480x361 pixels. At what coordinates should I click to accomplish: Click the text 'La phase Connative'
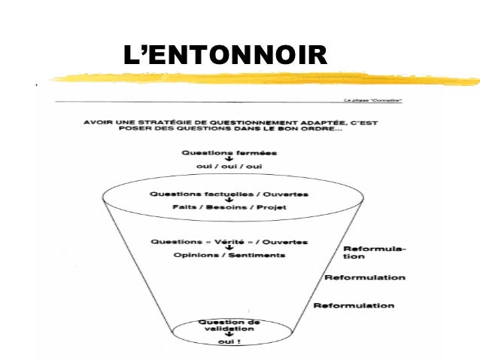[372, 99]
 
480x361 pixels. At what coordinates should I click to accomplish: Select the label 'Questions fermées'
[223, 152]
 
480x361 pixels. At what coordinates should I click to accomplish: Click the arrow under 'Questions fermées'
[223, 159]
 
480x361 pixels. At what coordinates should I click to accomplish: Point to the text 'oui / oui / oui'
[223, 166]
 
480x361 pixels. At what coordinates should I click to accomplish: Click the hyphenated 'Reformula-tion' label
[373, 252]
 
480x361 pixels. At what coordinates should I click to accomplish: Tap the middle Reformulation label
[364, 277]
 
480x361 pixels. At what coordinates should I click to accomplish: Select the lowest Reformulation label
[353, 305]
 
